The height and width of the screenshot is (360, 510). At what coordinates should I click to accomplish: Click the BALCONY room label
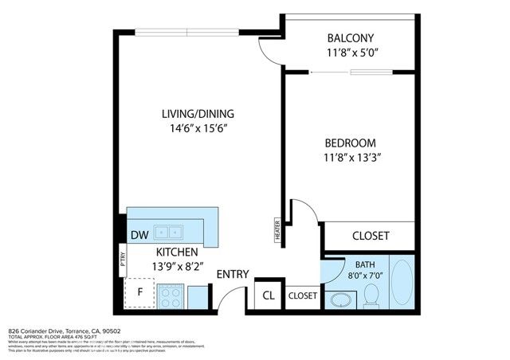point(351,38)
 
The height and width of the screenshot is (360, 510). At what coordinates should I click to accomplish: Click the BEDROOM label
point(350,143)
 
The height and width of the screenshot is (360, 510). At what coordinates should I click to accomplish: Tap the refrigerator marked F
point(140,292)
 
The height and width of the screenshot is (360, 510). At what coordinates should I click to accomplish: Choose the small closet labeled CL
point(269,295)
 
